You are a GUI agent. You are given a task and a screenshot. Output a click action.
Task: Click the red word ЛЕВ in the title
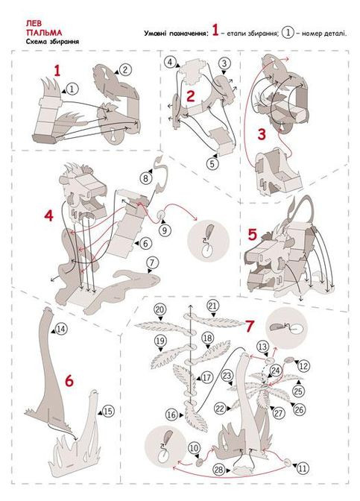(x=34, y=24)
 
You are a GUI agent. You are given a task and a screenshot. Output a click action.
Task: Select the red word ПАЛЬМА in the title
(x=44, y=33)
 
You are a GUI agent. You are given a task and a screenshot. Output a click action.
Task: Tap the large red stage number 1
(x=57, y=71)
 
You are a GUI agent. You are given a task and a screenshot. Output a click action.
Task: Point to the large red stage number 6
(x=69, y=381)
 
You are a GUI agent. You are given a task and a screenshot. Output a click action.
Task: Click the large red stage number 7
(x=250, y=327)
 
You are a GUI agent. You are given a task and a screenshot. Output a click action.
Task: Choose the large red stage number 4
(x=49, y=216)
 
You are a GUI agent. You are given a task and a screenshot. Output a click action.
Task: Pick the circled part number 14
(x=61, y=329)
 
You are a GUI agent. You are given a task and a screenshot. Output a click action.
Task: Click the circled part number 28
(x=219, y=470)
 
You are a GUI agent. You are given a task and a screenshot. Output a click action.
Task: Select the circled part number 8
(x=145, y=178)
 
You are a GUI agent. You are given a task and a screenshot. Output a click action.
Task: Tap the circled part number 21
(x=212, y=306)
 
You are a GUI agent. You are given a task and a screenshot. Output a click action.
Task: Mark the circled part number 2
(x=125, y=69)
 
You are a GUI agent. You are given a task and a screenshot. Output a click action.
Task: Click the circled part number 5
(x=212, y=164)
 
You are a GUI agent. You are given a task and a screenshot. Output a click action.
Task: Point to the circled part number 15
(x=108, y=411)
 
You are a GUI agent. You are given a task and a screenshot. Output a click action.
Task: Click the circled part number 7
(x=152, y=263)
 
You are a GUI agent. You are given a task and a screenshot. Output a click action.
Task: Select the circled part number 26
(x=300, y=409)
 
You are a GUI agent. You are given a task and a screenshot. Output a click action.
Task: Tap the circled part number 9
(x=165, y=230)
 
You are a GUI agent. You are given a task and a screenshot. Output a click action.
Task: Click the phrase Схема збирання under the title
(x=53, y=42)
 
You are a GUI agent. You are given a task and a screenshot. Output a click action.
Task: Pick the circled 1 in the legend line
(x=288, y=33)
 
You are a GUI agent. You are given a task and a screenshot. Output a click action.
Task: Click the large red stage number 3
(x=262, y=134)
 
